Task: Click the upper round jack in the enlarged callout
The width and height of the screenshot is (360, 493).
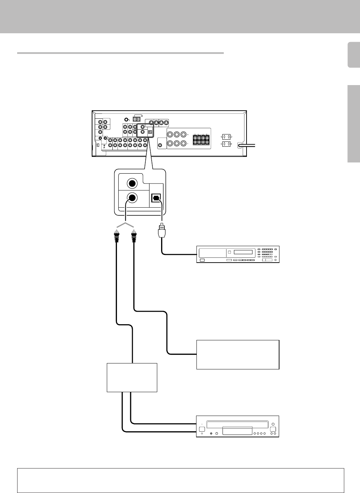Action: pos(132,183)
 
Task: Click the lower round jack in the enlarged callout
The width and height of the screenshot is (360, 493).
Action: pos(132,198)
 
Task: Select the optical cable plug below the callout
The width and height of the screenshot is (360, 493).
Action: pos(162,231)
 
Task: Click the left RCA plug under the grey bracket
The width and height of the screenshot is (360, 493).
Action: pos(116,237)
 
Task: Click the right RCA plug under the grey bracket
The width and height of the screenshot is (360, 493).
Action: pos(134,237)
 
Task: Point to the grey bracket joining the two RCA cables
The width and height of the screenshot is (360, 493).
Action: pos(125,224)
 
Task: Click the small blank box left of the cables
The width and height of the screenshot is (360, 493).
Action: pos(132,377)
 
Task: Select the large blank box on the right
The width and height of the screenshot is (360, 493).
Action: pos(238,354)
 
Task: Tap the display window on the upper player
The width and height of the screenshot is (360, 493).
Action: pos(243,252)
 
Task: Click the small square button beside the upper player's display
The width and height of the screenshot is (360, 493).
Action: pos(230,252)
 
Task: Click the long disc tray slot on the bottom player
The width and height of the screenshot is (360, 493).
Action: pos(237,425)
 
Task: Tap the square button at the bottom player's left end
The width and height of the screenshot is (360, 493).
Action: pos(202,429)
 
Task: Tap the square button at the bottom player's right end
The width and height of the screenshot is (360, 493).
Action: pos(273,429)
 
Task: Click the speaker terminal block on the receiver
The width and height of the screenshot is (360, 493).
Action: pos(201,140)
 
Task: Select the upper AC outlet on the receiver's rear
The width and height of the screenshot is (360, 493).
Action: pos(226,137)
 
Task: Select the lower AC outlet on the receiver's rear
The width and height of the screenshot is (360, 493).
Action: pos(226,144)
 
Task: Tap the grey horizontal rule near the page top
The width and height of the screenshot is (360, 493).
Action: pos(120,53)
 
